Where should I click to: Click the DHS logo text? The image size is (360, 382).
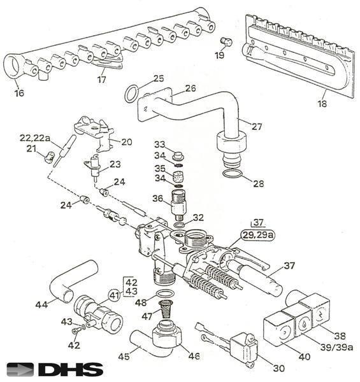pos(71,370)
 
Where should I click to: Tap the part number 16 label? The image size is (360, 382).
pos(19,93)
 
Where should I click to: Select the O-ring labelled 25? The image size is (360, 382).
pos(131,94)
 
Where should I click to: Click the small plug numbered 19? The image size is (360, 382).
pos(226,41)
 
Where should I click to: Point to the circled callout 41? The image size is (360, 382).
pos(115,295)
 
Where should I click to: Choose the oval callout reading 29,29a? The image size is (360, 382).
pos(258,235)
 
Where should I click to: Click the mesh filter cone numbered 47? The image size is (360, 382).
pos(166,309)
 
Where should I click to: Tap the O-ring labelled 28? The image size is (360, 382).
pos(232,174)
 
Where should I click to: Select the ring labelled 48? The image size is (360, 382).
pos(165,294)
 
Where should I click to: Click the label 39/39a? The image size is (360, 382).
pos(336,348)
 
